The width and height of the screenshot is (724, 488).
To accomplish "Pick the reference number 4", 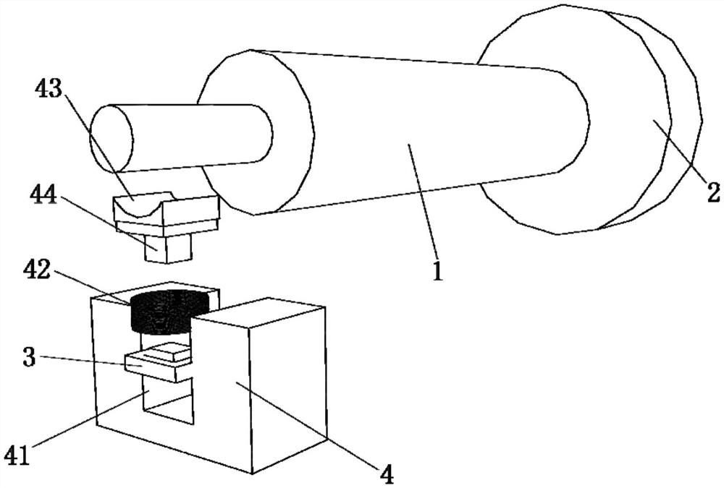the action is (388, 475).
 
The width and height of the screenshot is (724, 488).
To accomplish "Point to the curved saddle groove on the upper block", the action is (144, 202).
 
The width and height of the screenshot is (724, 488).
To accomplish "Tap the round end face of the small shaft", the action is (111, 138).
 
